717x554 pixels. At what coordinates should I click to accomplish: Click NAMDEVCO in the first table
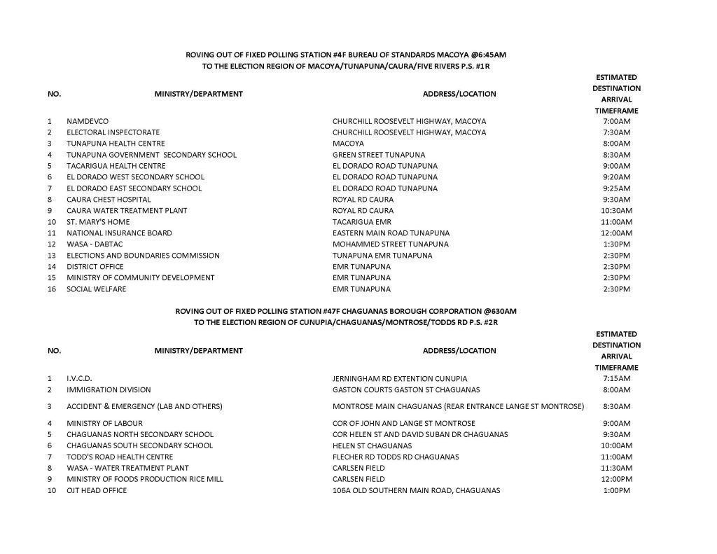(88, 121)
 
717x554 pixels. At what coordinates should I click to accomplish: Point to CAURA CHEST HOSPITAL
(109, 200)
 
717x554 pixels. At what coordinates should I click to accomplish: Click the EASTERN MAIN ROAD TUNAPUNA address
(391, 233)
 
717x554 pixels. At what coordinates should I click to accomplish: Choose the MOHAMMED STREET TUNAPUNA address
(390, 244)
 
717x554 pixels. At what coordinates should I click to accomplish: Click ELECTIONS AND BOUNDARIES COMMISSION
(143, 256)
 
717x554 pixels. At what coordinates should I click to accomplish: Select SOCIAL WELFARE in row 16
(96, 289)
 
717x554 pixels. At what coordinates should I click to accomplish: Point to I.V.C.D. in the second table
(79, 379)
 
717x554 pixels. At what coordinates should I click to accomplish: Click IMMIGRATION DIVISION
(109, 390)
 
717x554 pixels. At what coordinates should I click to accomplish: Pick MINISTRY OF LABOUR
(104, 424)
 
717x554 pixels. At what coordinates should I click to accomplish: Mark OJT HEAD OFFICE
(97, 491)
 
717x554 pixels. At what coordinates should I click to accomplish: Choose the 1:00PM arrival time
(616, 491)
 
